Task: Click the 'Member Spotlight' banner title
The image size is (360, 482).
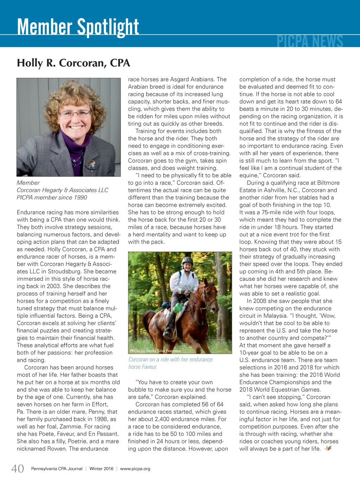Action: (78, 27)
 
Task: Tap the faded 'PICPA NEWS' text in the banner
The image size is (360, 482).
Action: (310, 42)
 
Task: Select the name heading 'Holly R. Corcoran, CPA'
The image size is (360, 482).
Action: (73, 63)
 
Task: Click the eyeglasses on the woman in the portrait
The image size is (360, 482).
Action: (75, 114)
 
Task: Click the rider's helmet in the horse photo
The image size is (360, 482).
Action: (187, 261)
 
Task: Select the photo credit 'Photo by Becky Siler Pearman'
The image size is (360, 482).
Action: (155, 351)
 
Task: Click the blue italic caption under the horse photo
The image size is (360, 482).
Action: (171, 363)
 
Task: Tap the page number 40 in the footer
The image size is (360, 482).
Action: (18, 469)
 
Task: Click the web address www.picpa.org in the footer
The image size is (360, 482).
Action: (135, 469)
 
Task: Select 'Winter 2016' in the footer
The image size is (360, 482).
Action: (101, 469)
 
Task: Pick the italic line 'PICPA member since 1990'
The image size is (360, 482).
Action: (52, 197)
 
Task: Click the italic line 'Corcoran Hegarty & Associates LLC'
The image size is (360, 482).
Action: (62, 190)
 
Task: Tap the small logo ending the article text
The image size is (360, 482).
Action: (328, 448)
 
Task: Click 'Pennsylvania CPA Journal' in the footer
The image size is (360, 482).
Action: (57, 469)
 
